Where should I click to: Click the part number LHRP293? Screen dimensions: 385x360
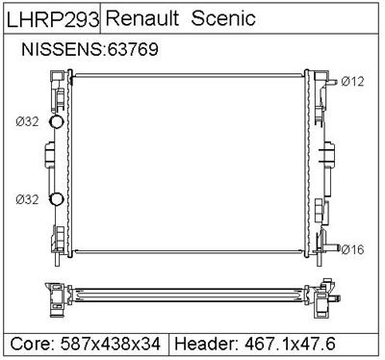click(x=53, y=19)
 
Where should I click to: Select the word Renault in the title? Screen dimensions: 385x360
click(x=142, y=18)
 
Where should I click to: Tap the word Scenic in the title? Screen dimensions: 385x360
click(x=223, y=18)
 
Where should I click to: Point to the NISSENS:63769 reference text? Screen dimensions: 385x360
click(x=90, y=49)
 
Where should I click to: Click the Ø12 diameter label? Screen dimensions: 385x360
click(x=352, y=82)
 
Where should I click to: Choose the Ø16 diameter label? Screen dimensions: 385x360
click(x=352, y=249)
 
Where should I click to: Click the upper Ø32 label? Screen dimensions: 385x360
click(x=27, y=121)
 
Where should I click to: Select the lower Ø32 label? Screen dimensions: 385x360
click(x=27, y=199)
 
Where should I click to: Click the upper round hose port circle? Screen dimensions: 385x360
click(x=56, y=121)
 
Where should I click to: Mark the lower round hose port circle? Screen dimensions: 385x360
click(x=56, y=199)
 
